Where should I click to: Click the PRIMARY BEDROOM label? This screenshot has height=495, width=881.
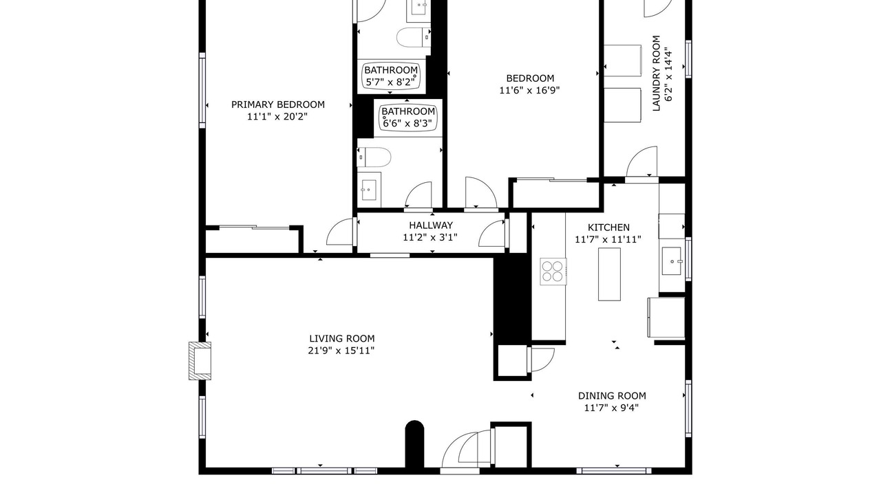pyautogui.click(x=277, y=104)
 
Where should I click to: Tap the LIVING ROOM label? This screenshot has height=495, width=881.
pyautogui.click(x=341, y=338)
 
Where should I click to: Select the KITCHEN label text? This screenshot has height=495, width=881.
pyautogui.click(x=608, y=227)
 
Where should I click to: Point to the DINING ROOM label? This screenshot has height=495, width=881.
pyautogui.click(x=612, y=395)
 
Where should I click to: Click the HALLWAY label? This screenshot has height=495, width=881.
pyautogui.click(x=431, y=225)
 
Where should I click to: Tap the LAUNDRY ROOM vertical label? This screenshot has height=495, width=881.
pyautogui.click(x=656, y=74)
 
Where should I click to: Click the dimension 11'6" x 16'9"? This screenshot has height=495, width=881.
pyautogui.click(x=529, y=90)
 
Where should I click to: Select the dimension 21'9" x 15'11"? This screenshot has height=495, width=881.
pyautogui.click(x=341, y=351)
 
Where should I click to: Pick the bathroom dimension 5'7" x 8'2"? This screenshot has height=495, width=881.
pyautogui.click(x=390, y=82)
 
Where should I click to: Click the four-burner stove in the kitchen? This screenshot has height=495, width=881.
pyautogui.click(x=553, y=272)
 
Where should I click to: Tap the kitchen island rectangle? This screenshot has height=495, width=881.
pyautogui.click(x=609, y=274)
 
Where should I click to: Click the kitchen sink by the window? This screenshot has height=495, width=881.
pyautogui.click(x=671, y=261)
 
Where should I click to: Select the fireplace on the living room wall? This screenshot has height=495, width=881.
pyautogui.click(x=200, y=361)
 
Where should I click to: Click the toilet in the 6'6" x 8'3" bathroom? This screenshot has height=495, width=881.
pyautogui.click(x=374, y=157)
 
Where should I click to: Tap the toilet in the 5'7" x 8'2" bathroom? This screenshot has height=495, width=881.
pyautogui.click(x=414, y=38)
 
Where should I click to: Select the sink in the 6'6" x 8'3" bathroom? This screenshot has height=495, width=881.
pyautogui.click(x=368, y=190)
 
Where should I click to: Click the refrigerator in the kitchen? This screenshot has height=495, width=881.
pyautogui.click(x=666, y=318)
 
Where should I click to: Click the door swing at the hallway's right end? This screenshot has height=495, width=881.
pyautogui.click(x=492, y=233)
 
